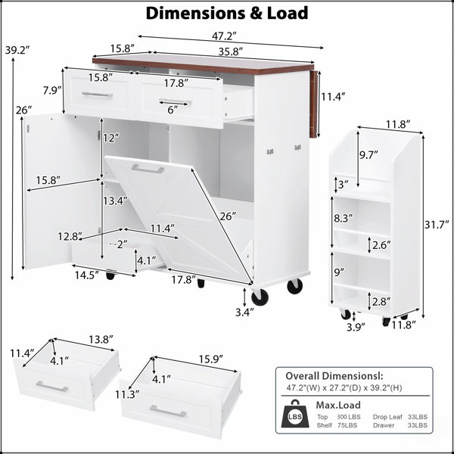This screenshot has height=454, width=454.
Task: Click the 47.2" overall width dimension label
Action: point(224,36)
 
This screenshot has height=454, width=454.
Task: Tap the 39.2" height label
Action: point(17,50)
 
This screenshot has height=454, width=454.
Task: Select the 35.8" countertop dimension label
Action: point(230,51)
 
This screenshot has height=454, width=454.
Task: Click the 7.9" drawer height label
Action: point(52,90)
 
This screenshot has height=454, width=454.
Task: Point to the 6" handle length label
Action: point(173,110)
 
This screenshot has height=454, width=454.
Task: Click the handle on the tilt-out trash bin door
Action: point(148,169)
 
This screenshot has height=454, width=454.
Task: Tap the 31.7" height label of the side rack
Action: point(437,225)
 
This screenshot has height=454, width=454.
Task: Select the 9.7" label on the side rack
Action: point(369,155)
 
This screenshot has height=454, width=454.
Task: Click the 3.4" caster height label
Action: point(244,312)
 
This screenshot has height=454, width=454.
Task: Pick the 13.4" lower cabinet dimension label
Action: point(116,201)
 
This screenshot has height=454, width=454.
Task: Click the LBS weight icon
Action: point(295,414)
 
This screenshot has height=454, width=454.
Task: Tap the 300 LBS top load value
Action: point(348,417)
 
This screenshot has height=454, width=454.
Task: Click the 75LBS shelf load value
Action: point(347,425)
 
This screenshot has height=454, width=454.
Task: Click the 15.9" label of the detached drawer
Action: point(210,359)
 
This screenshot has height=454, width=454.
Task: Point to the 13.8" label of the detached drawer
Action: point(101,339)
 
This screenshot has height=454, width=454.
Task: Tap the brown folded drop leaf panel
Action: point(313,104)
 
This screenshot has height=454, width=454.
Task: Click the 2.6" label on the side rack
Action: point(381,245)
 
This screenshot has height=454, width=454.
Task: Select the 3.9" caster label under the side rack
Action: point(356,327)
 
